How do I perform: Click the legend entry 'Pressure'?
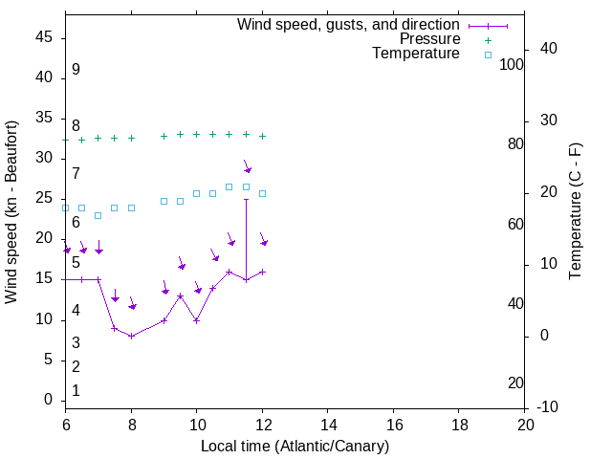click(x=429, y=39)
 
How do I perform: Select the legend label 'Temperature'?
click(x=416, y=54)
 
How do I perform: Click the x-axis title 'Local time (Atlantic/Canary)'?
click(x=295, y=446)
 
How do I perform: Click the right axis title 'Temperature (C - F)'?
click(x=575, y=211)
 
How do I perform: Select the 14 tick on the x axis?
click(x=327, y=424)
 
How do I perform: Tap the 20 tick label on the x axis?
click(x=525, y=424)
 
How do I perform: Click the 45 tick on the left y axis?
click(x=44, y=37)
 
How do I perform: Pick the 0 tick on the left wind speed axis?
click(x=49, y=400)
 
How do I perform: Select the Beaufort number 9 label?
click(x=76, y=70)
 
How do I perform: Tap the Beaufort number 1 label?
click(x=76, y=391)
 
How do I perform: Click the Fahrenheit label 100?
click(x=512, y=64)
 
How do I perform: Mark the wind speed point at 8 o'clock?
click(x=131, y=336)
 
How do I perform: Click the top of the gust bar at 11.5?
click(x=246, y=199)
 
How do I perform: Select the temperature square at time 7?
click(x=98, y=215)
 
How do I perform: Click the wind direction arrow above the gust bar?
click(x=247, y=167)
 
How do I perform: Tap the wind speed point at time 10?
click(x=196, y=320)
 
